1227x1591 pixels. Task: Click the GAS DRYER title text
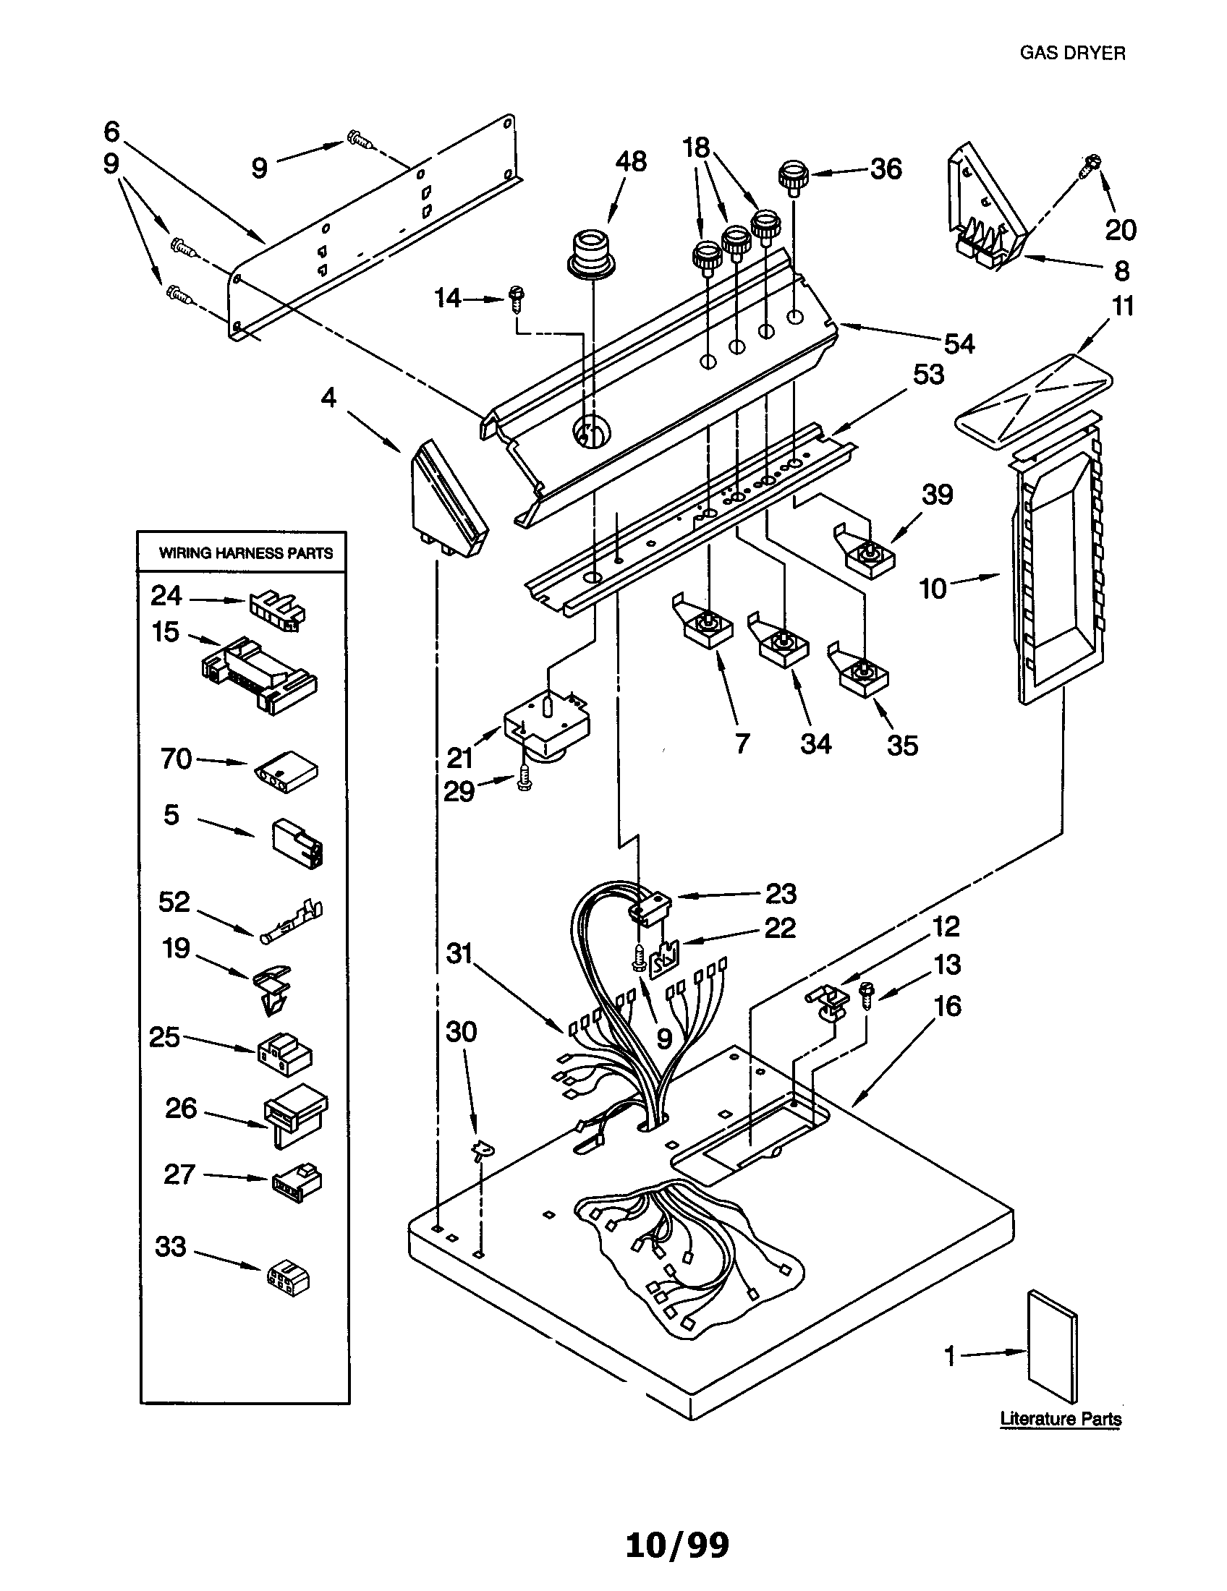[1071, 54]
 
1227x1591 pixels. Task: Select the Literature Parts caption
[1060, 1418]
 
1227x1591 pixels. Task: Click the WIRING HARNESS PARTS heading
[245, 553]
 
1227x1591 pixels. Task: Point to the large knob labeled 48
[591, 255]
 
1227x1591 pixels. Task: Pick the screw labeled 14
[518, 297]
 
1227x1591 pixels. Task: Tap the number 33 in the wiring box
[171, 1246]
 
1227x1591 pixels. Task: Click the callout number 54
[959, 344]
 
